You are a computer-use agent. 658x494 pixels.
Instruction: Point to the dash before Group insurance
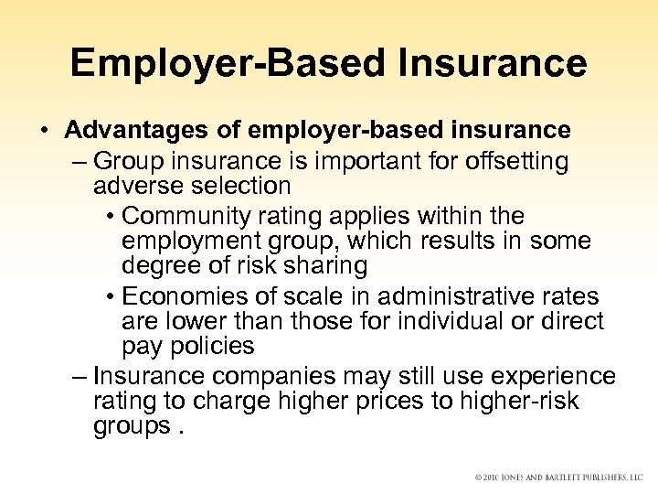pyautogui.click(x=79, y=162)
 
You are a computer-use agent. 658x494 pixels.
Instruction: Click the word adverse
pyautogui.click(x=136, y=186)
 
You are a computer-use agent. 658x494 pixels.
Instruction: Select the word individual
pyautogui.click(x=443, y=322)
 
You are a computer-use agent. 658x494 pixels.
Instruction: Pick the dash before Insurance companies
pyautogui.click(x=79, y=377)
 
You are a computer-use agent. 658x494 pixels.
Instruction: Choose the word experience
pyautogui.click(x=553, y=377)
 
